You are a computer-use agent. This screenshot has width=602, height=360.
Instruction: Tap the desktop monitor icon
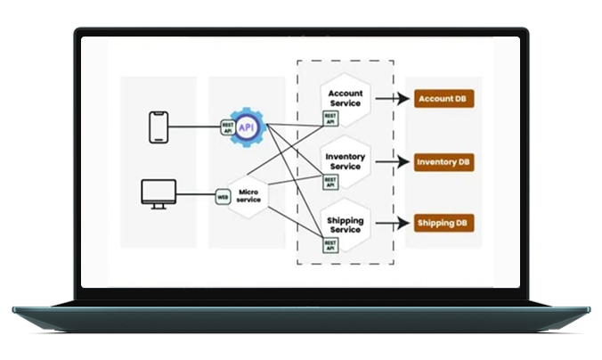pos(159,193)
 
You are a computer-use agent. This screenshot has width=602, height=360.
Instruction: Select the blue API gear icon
pos(248,127)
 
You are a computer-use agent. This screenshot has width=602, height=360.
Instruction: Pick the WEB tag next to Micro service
pos(223,195)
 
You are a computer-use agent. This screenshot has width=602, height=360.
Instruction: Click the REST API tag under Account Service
pos(329,117)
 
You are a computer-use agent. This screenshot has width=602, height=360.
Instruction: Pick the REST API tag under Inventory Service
pos(330,181)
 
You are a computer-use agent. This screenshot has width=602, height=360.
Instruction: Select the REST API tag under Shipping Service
pos(330,244)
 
